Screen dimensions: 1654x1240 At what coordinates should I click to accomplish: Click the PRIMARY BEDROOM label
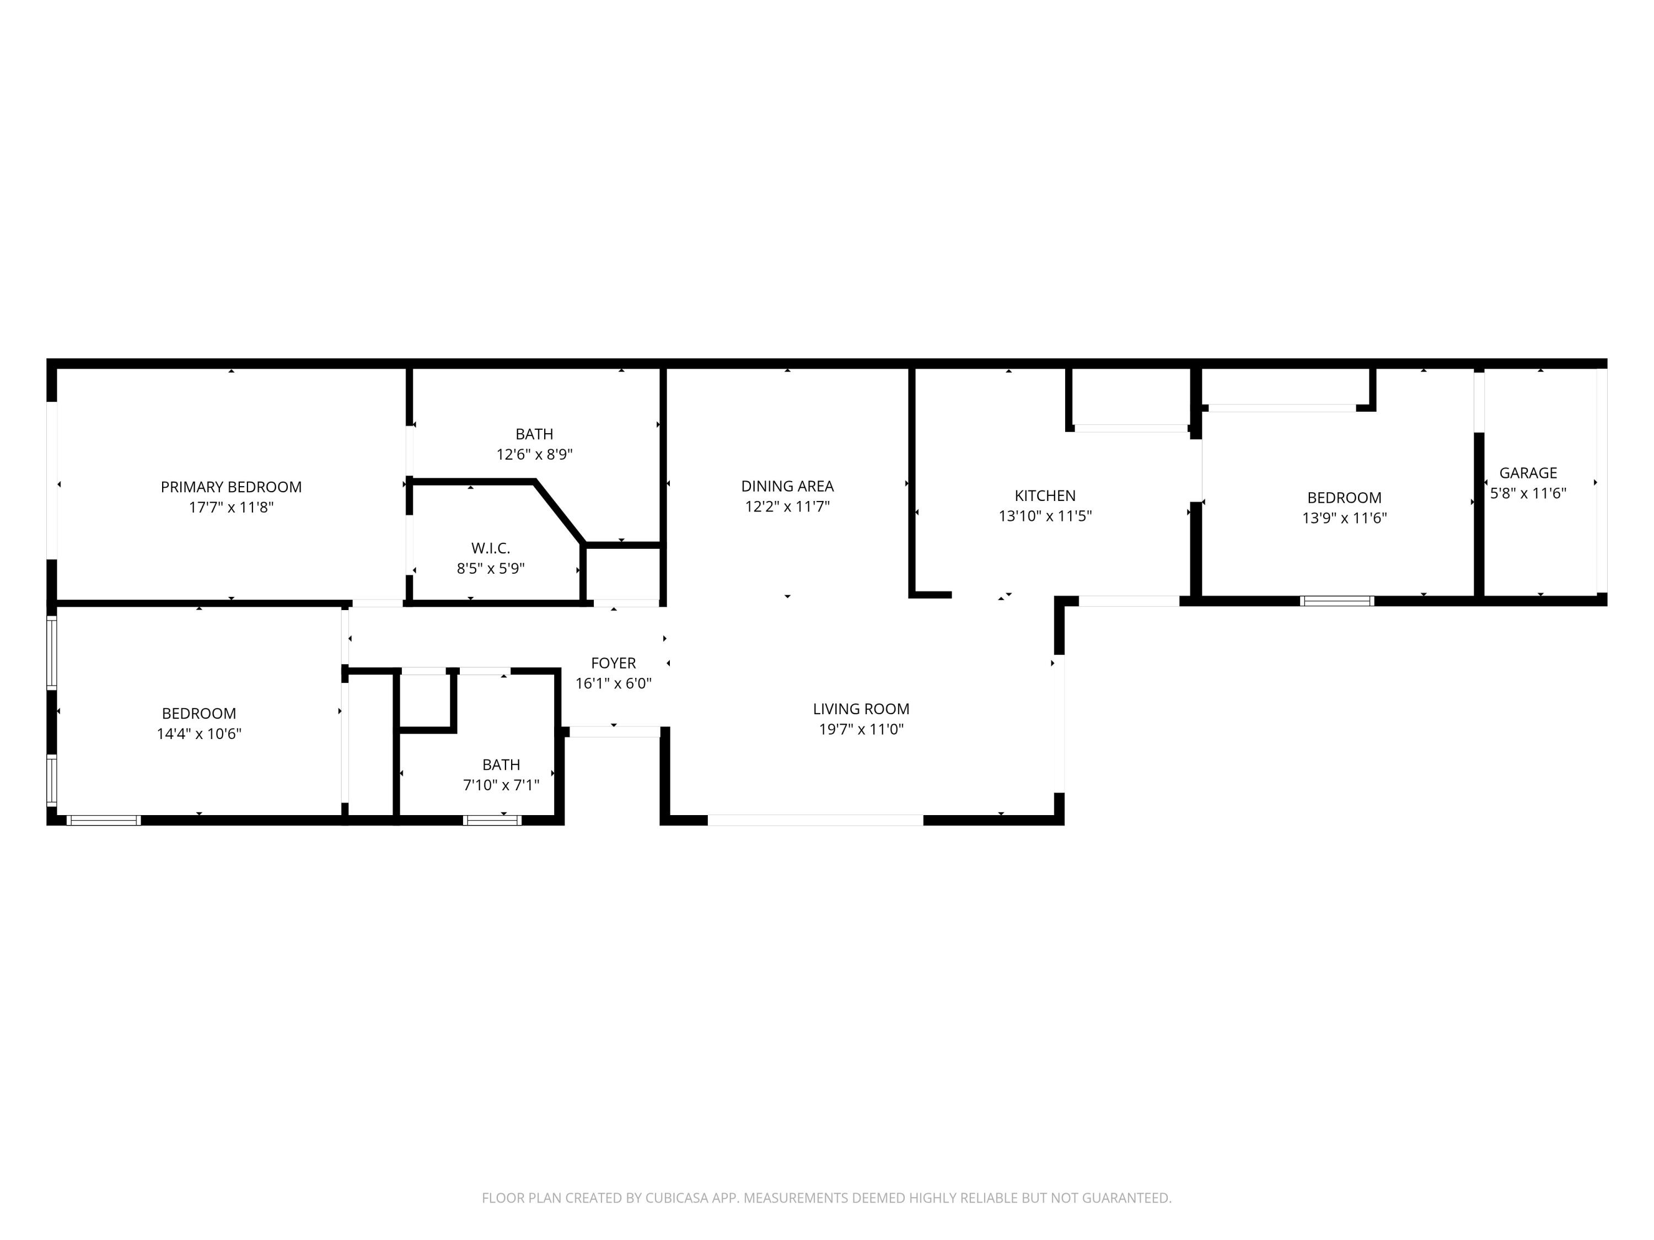click(x=231, y=487)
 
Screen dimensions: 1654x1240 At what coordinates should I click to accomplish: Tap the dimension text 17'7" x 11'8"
click(x=231, y=508)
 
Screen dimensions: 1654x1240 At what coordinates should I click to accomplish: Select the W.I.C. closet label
click(x=491, y=548)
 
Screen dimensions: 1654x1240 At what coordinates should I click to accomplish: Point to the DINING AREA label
click(x=787, y=486)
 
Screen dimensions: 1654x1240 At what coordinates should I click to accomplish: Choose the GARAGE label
click(x=1528, y=473)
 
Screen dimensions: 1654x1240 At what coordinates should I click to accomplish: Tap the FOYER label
click(x=613, y=663)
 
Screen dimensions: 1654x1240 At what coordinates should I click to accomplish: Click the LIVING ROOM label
click(x=861, y=709)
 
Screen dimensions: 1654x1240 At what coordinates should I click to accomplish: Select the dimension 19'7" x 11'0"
click(x=861, y=730)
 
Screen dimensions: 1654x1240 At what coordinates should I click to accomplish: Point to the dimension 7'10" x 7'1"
click(x=501, y=785)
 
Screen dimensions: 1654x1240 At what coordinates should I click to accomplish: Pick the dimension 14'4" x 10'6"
click(x=199, y=734)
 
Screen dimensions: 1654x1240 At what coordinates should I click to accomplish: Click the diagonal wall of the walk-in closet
click(x=559, y=512)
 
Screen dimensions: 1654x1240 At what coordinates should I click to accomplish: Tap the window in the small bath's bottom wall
click(x=492, y=820)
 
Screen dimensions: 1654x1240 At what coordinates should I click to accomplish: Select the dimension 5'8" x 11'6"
click(x=1528, y=493)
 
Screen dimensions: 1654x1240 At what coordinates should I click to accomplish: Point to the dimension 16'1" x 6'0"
click(x=613, y=683)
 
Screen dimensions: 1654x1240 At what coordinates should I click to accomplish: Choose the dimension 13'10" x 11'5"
click(x=1045, y=516)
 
